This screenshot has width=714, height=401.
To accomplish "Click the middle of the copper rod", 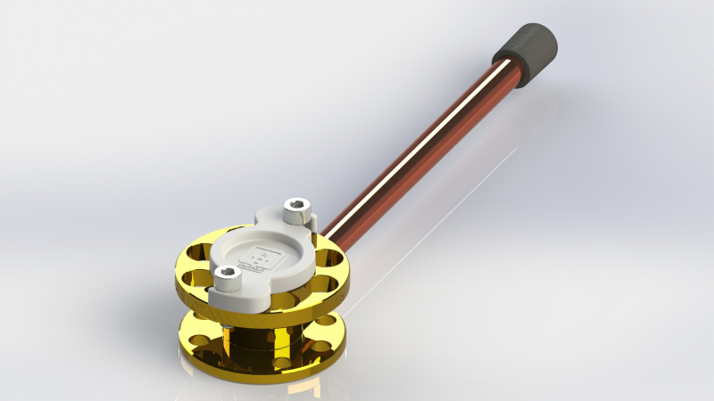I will point(419,148).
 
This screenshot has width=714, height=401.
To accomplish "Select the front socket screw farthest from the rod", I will point(228,280).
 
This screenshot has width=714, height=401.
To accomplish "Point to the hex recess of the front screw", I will point(228,273).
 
